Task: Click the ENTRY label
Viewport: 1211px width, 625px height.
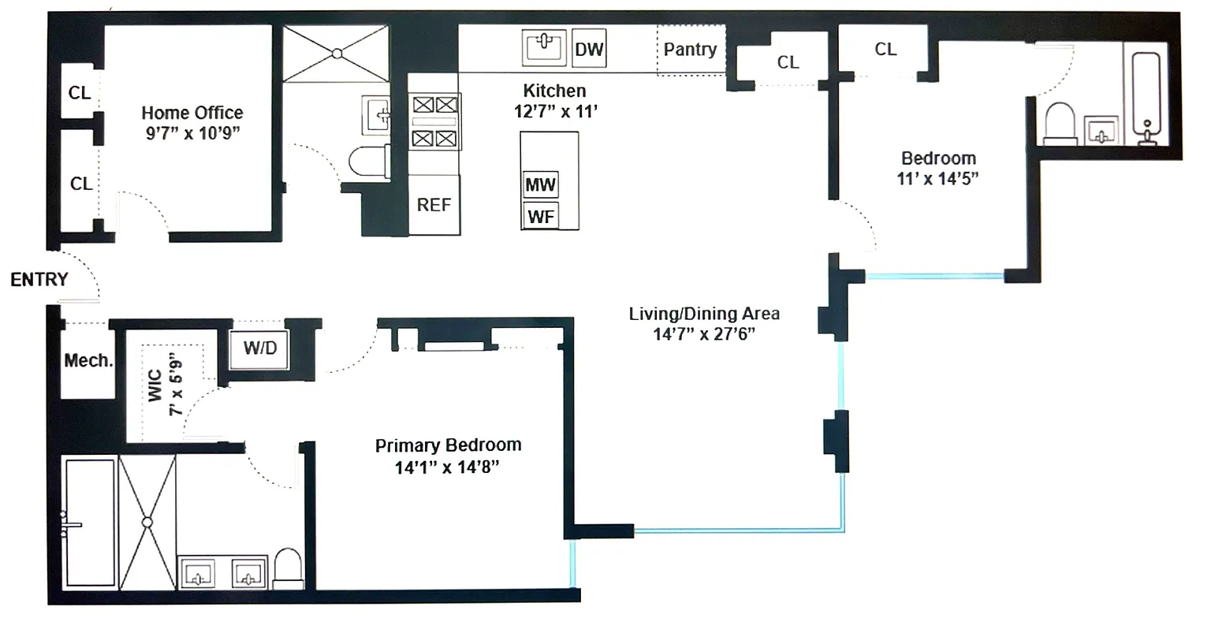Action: tap(39, 280)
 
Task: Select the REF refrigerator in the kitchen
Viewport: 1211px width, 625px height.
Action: tap(434, 205)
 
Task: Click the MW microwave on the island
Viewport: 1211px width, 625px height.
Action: tap(541, 185)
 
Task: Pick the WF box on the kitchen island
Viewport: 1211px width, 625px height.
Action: tap(541, 216)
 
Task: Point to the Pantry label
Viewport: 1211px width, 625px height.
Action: tap(690, 50)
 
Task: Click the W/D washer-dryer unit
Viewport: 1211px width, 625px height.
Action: tap(260, 348)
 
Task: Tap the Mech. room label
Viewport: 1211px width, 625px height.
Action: tap(88, 361)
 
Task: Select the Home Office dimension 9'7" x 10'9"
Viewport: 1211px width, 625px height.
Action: tap(192, 134)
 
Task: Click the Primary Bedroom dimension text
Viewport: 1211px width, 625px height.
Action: tap(448, 467)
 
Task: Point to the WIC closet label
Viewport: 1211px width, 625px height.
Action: tap(155, 386)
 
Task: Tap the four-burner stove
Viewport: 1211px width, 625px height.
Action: tap(434, 121)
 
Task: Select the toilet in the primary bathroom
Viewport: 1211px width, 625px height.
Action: tap(289, 568)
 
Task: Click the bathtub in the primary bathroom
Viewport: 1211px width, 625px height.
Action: tap(89, 523)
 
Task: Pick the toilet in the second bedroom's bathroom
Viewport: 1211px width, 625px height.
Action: tap(1060, 125)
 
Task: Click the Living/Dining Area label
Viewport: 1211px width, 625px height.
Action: tap(704, 314)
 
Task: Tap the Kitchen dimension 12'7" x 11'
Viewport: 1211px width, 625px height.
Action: tap(556, 111)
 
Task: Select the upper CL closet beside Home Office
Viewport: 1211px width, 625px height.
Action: tap(80, 93)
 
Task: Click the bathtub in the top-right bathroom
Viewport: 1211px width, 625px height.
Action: tap(1149, 99)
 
